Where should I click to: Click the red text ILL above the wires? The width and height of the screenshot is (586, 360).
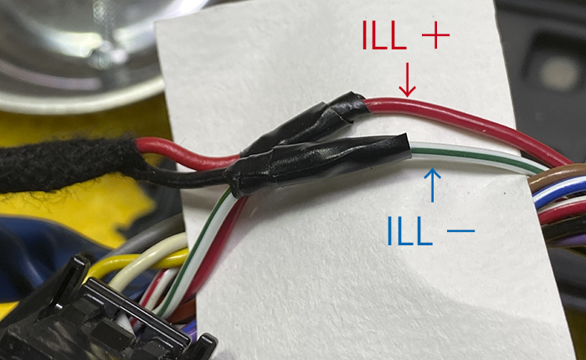coord(383,35)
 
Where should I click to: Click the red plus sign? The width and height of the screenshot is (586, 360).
coord(435,35)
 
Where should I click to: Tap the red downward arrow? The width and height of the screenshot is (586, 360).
coord(407,80)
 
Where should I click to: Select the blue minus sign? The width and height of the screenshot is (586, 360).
coord(460,231)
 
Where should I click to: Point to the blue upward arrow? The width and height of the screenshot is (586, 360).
coord(433,185)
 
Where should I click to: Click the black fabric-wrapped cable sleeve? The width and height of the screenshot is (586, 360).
coord(71,164)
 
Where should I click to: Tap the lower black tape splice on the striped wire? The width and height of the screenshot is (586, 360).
coord(317,164)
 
